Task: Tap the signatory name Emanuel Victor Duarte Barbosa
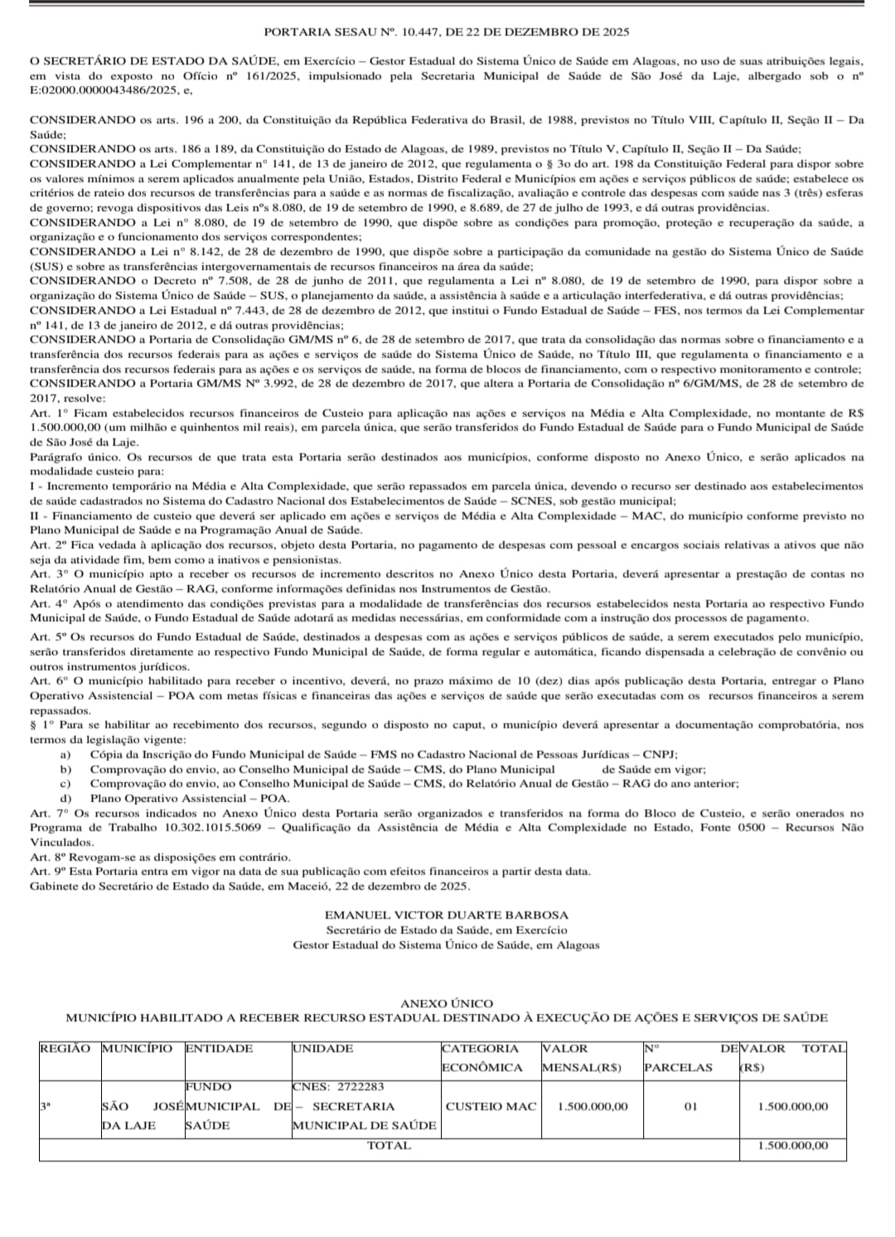447,915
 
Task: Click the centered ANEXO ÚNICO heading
447,1003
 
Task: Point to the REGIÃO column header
65,1048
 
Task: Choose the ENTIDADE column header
219,1048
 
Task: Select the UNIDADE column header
322,1048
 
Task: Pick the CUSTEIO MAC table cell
491,1106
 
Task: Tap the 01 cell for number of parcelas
690,1106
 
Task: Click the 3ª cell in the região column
46,1106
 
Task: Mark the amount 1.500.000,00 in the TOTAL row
793,1145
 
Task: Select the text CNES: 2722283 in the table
338,1086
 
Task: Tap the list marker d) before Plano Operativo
65,798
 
